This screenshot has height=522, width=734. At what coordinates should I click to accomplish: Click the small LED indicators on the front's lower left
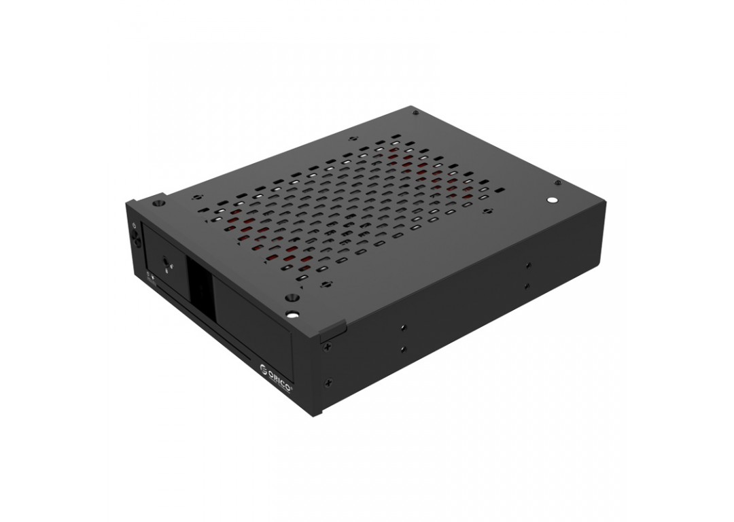pyautogui.click(x=150, y=275)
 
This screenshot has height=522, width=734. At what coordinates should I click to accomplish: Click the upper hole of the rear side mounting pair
pyautogui.click(x=527, y=266)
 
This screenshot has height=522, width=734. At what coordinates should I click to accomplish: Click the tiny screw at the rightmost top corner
pyautogui.click(x=558, y=182)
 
